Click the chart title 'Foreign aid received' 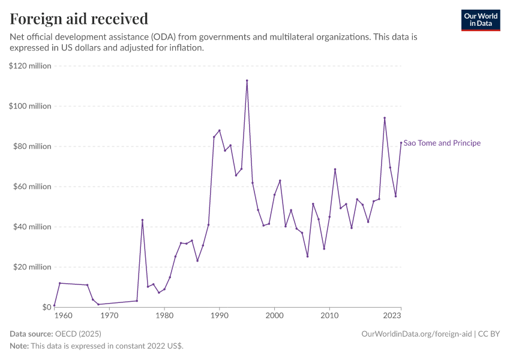pos(79,19)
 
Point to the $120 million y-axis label pos(31,66)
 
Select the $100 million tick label pos(31,106)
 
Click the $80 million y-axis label pos(32,146)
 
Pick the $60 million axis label pos(32,187)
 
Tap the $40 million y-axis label pos(32,227)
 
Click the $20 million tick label pos(32,267)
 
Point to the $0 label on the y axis pos(46,307)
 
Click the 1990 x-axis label pos(220,316)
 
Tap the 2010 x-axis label pos(329,316)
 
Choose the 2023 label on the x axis pos(392,316)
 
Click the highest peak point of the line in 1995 pos(247,80)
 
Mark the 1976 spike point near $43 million pos(142,220)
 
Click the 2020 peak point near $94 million pos(385,118)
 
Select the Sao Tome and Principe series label pos(442,143)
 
